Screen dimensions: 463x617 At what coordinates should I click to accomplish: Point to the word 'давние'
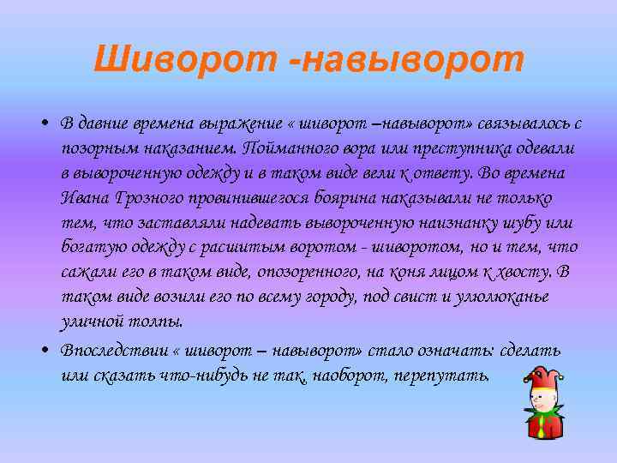[111, 123]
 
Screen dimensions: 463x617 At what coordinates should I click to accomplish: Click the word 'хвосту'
[526, 272]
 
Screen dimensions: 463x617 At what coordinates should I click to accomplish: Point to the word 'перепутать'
[442, 376]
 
